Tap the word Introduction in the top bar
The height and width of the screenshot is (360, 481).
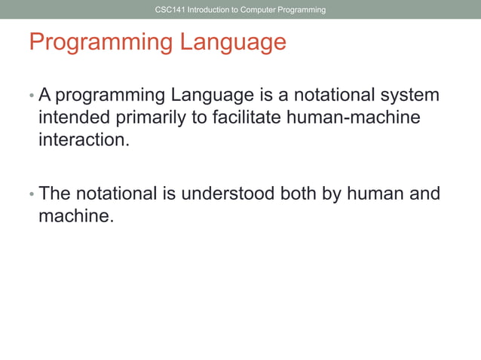click(208, 10)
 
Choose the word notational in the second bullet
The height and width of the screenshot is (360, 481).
click(119, 194)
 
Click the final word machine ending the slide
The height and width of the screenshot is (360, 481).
click(75, 217)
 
